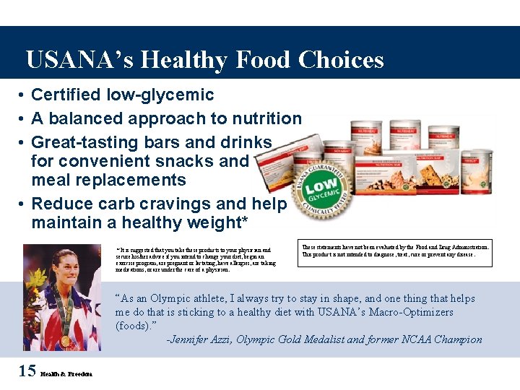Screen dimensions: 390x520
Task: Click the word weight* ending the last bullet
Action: point(213,223)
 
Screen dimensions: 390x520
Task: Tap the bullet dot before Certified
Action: point(23,95)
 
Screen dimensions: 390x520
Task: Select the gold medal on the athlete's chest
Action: point(66,339)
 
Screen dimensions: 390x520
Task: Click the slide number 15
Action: point(27,371)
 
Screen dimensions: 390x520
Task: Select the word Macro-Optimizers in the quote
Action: point(405,312)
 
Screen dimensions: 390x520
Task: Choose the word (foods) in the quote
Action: point(132,326)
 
